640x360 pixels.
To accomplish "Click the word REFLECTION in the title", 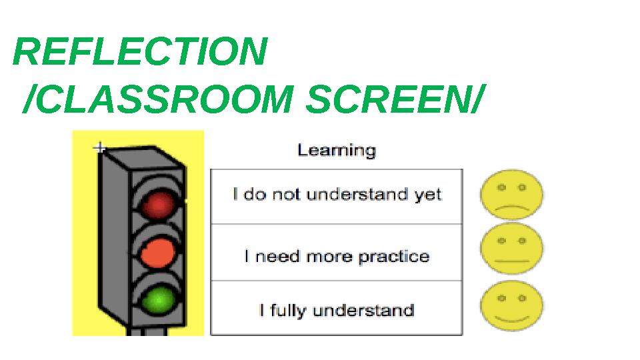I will (x=141, y=52).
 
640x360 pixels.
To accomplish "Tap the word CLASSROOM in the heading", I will (x=163, y=99).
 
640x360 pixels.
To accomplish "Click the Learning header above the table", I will (x=337, y=150).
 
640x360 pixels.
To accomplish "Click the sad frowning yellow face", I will (x=511, y=195).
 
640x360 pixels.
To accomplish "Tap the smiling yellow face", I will (x=511, y=305).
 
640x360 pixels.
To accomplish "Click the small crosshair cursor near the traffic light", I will (x=100, y=148).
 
